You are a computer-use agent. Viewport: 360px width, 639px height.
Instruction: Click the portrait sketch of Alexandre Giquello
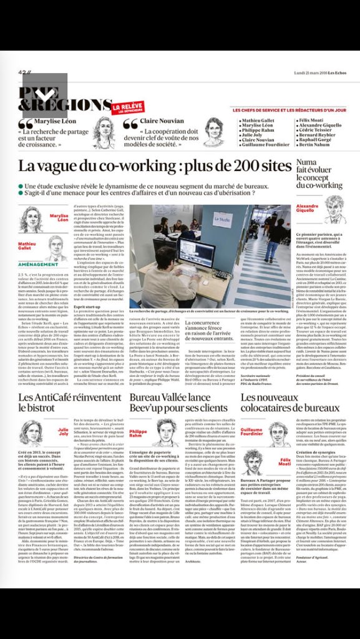coord(334,208)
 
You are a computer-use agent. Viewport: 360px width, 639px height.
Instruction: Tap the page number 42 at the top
coord(23,73)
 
